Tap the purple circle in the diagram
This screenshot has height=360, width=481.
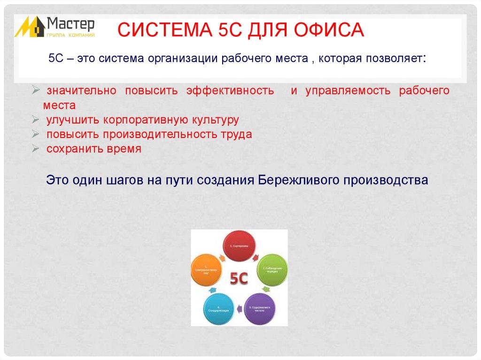coord(260,308)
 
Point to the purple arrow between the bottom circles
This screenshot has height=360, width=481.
coord(239,309)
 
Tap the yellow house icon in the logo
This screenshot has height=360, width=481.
coord(29,27)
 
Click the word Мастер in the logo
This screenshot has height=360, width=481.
coord(71,23)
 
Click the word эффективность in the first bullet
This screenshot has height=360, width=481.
coord(230,91)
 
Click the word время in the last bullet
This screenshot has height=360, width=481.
coord(125,149)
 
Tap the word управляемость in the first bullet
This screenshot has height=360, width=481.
coord(348,91)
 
